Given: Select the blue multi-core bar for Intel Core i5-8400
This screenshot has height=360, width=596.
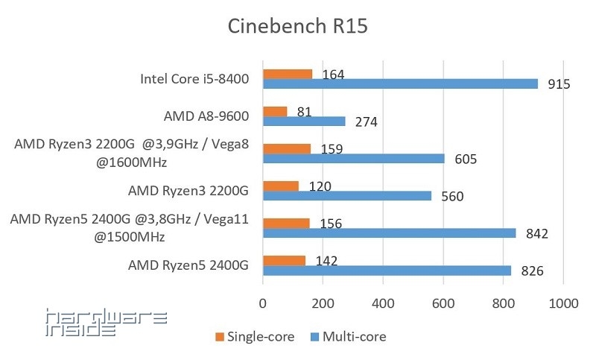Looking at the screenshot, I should [x=400, y=83].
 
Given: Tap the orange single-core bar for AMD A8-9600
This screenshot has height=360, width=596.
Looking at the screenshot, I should [x=275, y=111].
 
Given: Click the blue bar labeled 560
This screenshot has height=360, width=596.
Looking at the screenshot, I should [x=346, y=195].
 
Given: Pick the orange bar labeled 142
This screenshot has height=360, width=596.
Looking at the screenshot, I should [x=284, y=260].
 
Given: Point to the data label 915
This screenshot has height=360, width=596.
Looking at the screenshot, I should [x=558, y=84].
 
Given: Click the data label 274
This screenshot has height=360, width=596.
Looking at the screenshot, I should [x=367, y=121].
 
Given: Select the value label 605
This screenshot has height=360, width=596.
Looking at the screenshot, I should [x=464, y=159].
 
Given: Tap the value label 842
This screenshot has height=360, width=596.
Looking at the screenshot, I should [x=536, y=233].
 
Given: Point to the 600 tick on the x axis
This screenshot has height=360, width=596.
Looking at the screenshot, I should [x=443, y=304].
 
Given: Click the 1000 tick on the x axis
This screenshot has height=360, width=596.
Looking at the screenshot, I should [x=563, y=304].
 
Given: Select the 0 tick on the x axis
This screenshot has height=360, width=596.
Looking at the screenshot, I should [x=262, y=304].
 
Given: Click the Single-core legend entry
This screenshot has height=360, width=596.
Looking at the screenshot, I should [x=256, y=337].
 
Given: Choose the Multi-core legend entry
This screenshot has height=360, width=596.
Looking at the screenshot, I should [x=348, y=337].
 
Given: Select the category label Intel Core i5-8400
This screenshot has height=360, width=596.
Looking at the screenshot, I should [x=194, y=79].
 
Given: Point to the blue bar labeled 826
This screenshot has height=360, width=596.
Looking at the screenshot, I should [x=387, y=270].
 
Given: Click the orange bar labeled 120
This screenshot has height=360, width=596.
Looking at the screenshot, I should [x=280, y=186].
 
